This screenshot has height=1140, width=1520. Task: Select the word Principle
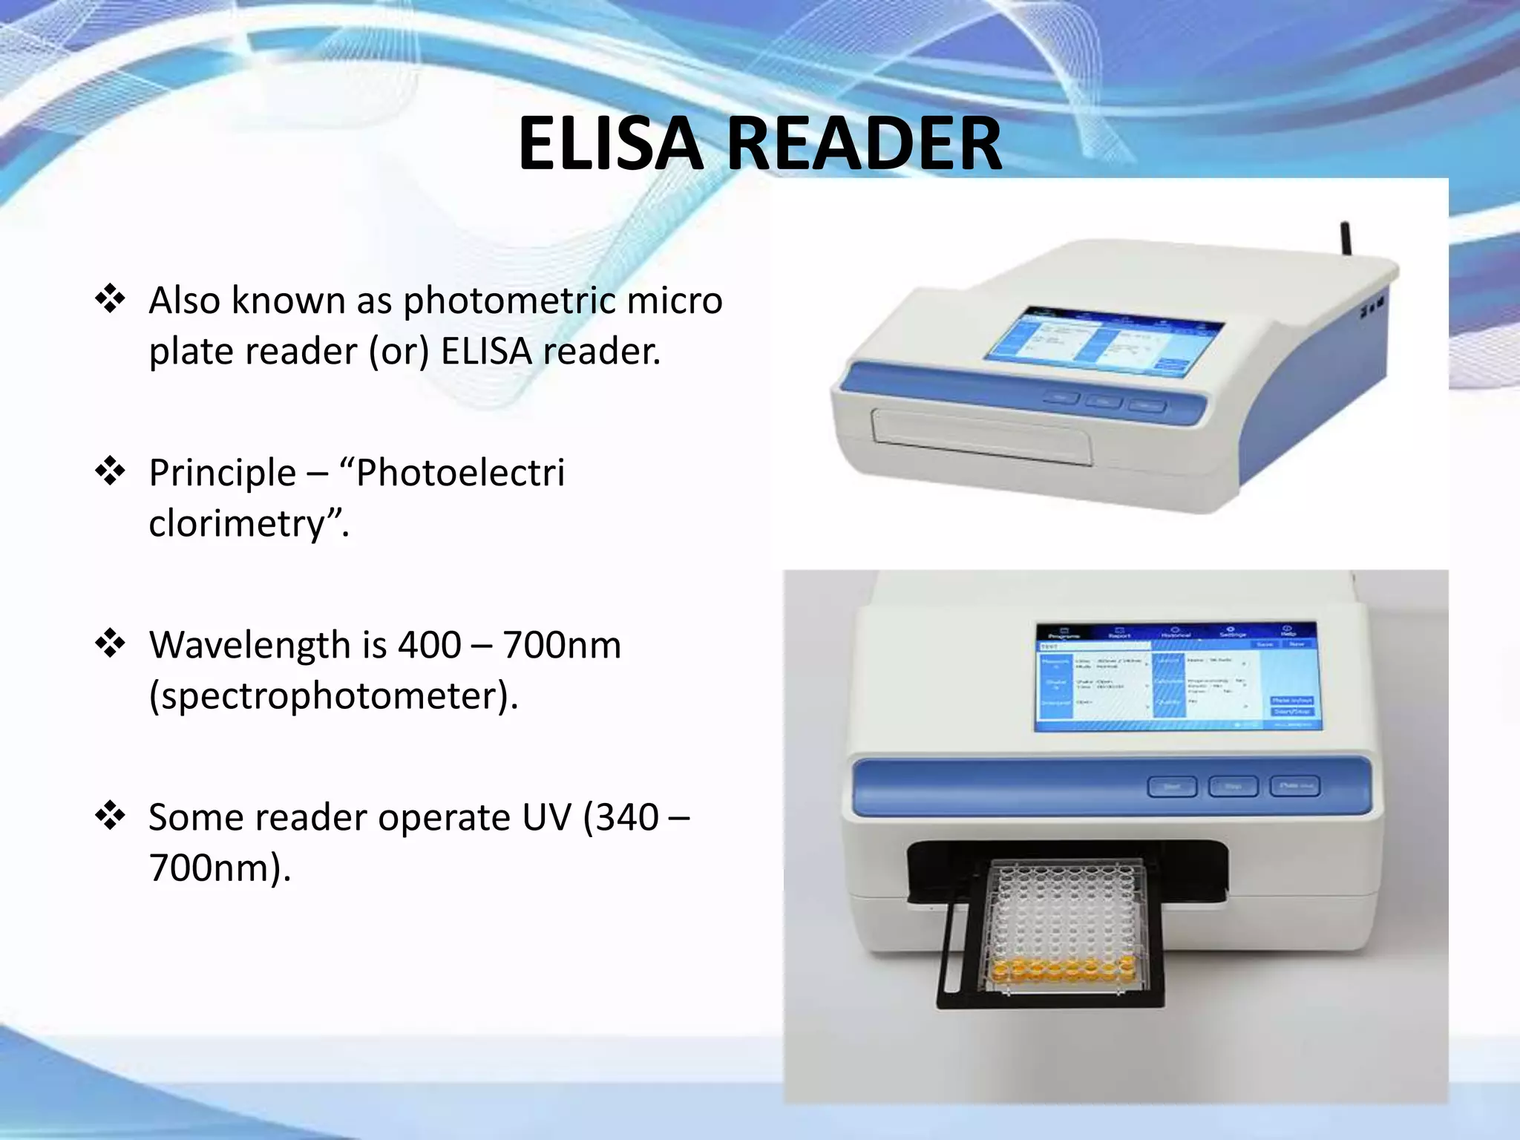point(222,474)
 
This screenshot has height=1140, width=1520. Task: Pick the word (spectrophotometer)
point(333,696)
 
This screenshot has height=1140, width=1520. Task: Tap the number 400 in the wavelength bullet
point(430,645)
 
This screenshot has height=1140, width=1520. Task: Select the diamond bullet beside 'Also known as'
point(110,299)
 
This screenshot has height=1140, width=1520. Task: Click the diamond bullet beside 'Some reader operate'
point(110,816)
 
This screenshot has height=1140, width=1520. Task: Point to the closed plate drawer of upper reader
point(980,439)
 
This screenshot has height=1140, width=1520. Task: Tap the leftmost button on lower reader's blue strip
point(1172,787)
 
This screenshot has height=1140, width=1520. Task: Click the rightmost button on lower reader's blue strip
point(1294,786)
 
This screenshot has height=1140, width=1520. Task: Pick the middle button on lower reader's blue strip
point(1233,787)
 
